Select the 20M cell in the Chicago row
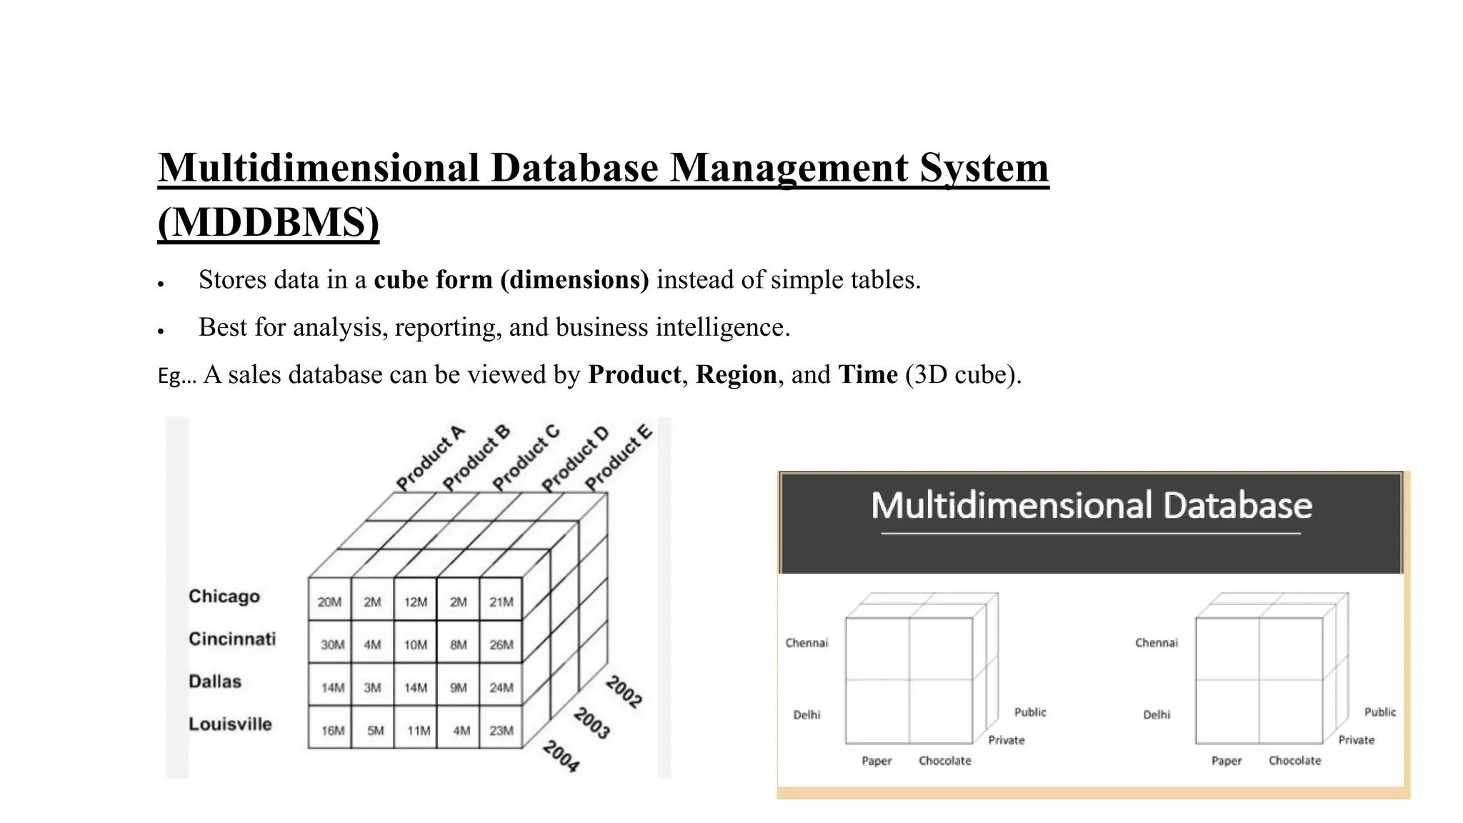(329, 602)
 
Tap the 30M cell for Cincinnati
(332, 645)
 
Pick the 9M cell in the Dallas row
(459, 688)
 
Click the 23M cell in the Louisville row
(501, 731)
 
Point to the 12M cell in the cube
(416, 602)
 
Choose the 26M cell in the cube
(501, 645)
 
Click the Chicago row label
(224, 597)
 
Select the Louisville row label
(230, 724)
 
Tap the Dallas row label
(215, 682)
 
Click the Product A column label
(430, 459)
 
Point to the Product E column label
(619, 458)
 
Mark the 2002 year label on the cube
(624, 692)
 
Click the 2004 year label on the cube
(561, 756)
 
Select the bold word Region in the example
(737, 375)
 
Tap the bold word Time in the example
(868, 375)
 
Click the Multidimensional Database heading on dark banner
(1092, 506)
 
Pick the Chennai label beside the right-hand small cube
(1157, 643)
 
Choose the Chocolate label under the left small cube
(945, 761)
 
